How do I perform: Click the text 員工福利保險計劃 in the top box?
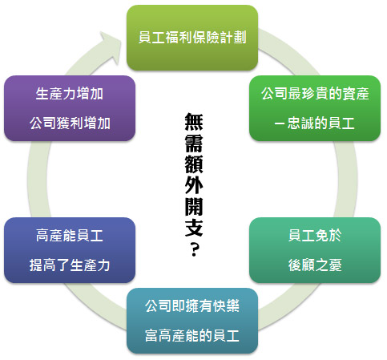tap(192, 37)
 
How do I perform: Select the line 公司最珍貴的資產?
tap(315, 94)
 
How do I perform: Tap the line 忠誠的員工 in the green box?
tap(321, 123)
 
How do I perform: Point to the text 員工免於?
tap(315, 236)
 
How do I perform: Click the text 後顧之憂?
tap(315, 265)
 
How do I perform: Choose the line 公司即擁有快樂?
tap(192, 306)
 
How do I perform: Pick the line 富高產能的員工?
tap(192, 336)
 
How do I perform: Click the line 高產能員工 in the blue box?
tap(70, 236)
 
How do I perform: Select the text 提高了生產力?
tap(70, 265)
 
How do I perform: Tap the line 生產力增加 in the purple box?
tap(70, 94)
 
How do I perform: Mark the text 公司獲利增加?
tap(70, 123)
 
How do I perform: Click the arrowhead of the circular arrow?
tap(111, 47)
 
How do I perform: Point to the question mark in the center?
tap(194, 249)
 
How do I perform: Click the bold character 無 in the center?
tap(194, 122)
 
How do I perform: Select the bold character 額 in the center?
tap(194, 164)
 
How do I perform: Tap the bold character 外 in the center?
tap(194, 186)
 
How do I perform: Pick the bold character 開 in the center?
tap(194, 207)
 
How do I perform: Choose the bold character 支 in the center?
tap(194, 228)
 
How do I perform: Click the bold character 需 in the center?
tap(194, 143)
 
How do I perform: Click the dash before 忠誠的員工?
tap(280, 123)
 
